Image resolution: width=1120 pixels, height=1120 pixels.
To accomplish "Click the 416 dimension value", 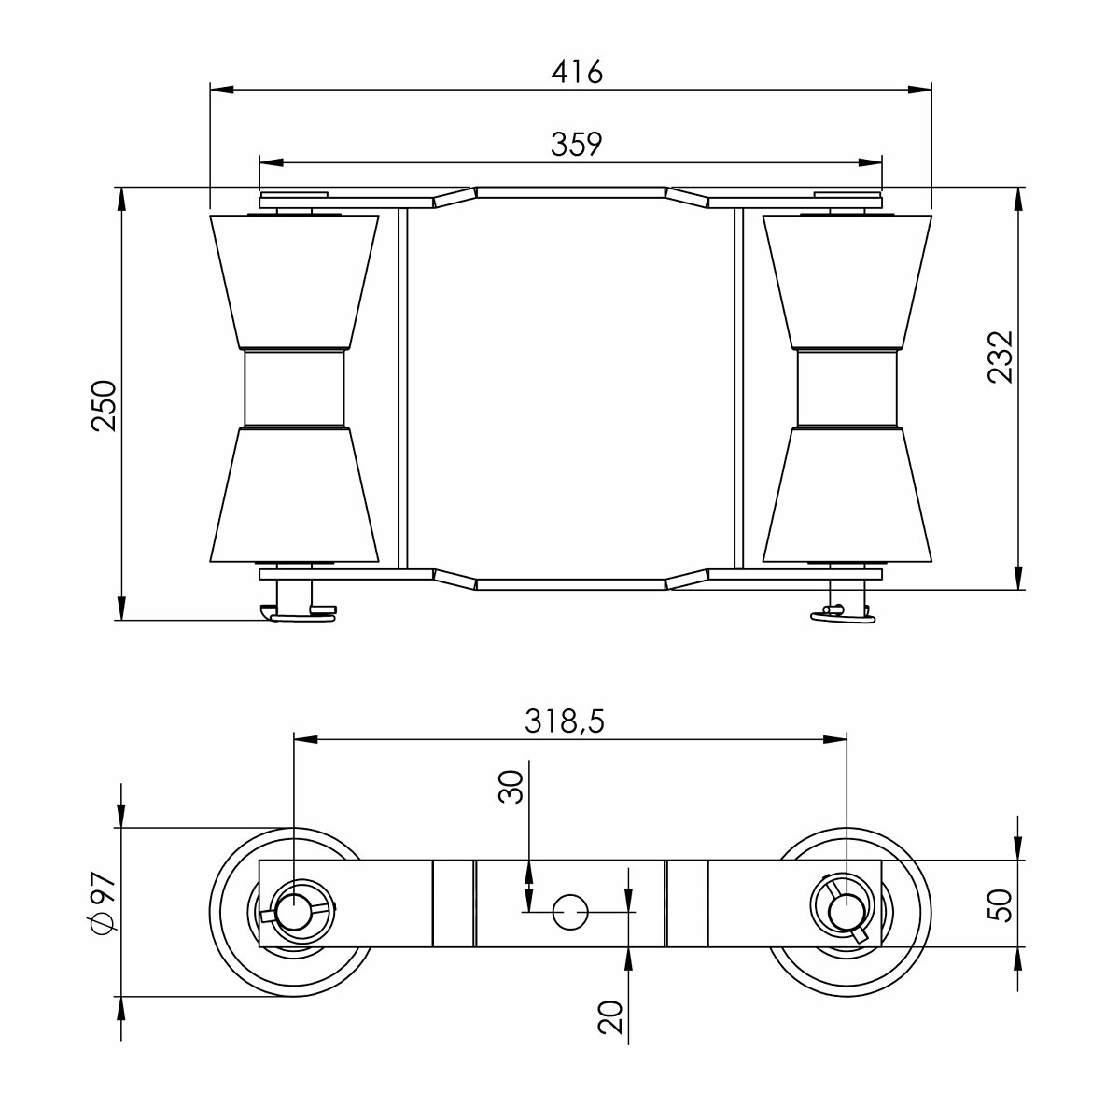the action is tap(577, 72).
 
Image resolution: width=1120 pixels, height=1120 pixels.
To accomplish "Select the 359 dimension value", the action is tap(577, 145).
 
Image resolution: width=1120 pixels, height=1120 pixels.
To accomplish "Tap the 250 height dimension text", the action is tap(105, 406).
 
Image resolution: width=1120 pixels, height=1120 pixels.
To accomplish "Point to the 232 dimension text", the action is tap(1001, 357).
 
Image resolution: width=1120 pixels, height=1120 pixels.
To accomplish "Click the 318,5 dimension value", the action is tap(565, 721).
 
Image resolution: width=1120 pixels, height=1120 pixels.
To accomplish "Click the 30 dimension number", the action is tap(511, 787).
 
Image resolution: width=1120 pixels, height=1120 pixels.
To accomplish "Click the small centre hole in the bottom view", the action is tap(570, 912).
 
